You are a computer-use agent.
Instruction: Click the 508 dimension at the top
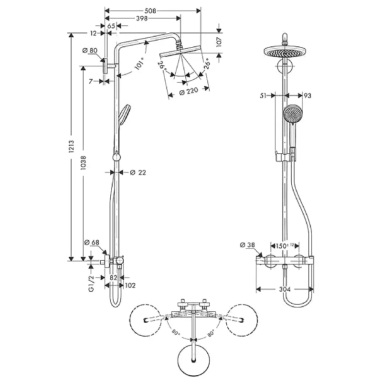[x=150, y=11]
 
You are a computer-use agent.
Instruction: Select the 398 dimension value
[x=142, y=18]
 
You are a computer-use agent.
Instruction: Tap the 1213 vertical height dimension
[x=71, y=147]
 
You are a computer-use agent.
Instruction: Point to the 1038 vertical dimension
[x=83, y=162]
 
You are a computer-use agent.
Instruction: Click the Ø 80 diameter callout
[x=90, y=51]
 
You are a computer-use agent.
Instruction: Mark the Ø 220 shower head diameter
[x=189, y=91]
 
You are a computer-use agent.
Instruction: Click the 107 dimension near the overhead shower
[x=219, y=42]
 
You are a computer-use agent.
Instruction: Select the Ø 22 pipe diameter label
[x=138, y=172]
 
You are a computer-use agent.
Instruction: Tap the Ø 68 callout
[x=92, y=243]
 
